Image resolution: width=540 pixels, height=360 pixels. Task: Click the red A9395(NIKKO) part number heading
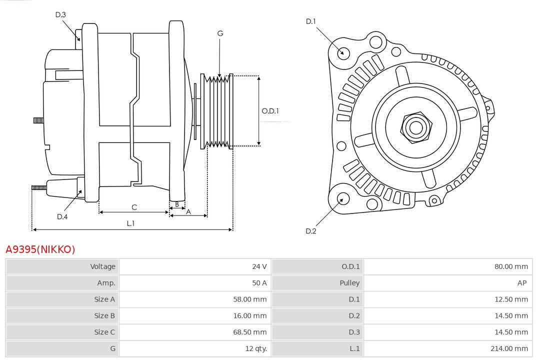pos(40,249)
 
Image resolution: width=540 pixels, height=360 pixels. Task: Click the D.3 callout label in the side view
pos(60,14)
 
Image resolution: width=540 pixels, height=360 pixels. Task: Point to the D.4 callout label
pos(62,216)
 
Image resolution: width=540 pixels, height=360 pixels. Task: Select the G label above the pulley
pos(220,33)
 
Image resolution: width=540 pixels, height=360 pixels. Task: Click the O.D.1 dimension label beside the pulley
pos(270,111)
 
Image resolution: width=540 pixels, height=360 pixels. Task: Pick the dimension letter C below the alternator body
pos(134,207)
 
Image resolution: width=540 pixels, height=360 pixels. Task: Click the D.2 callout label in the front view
pos(311,231)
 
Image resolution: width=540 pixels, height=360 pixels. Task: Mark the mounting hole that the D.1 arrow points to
pos(343,52)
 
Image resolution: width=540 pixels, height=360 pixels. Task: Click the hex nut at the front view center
pos(415,127)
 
